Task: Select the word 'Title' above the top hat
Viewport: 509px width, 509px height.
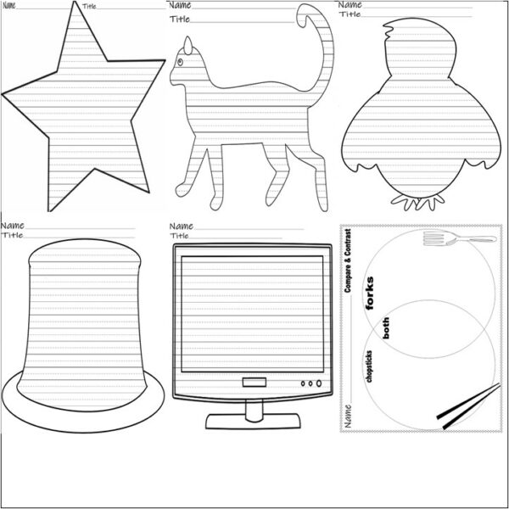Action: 12,235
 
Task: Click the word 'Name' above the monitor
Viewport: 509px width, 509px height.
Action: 181,227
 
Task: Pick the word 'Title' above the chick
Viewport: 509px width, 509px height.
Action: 350,14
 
